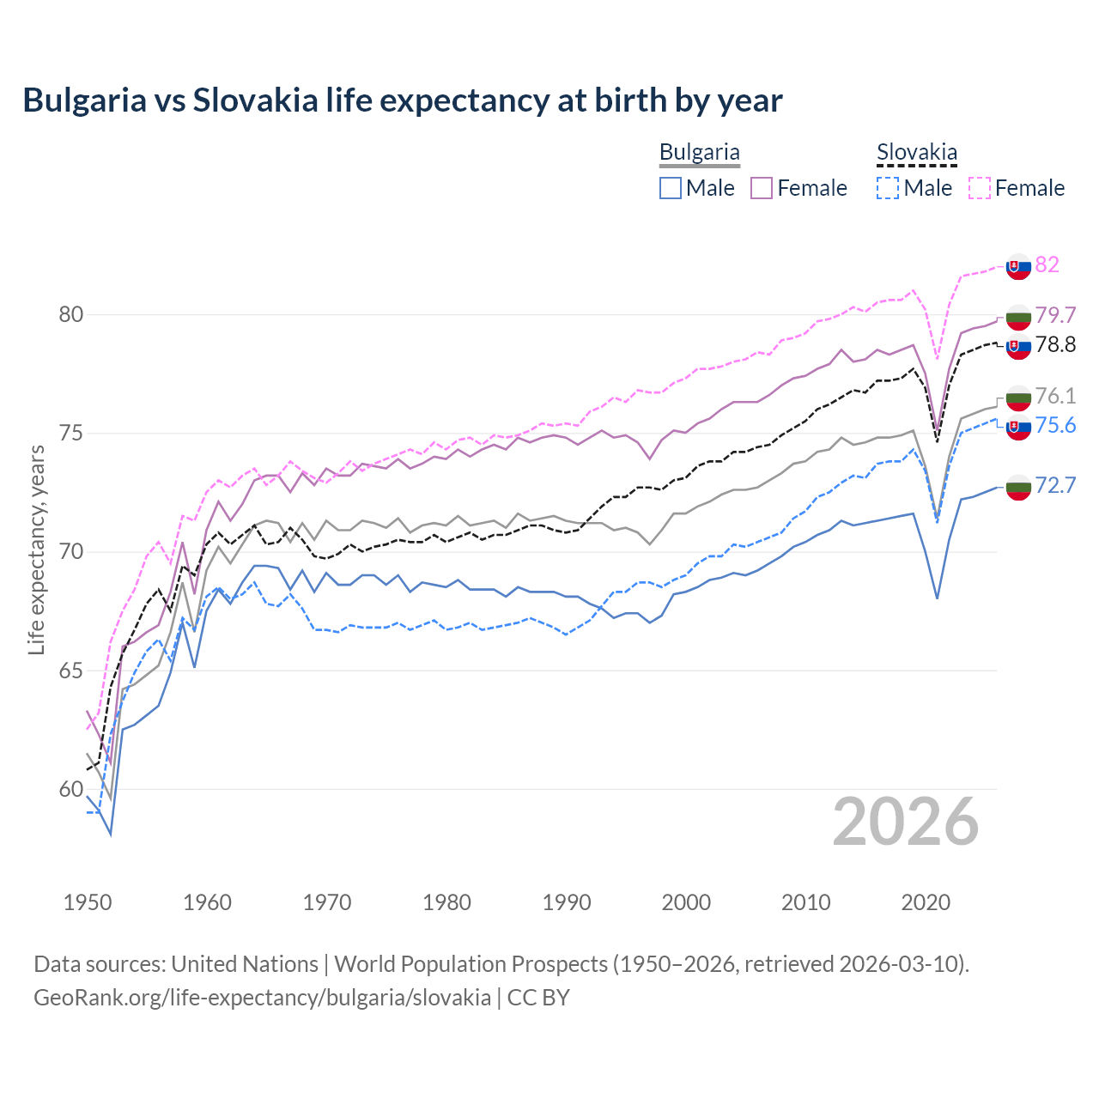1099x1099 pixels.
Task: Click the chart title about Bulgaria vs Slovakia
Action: (402, 100)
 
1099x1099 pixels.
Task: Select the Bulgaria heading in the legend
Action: (699, 152)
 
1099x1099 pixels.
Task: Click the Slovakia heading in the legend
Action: (916, 153)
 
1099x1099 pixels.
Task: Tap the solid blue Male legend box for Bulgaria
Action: (671, 188)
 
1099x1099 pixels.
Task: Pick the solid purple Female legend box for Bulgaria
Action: (762, 188)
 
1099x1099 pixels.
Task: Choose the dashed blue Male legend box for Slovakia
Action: (888, 188)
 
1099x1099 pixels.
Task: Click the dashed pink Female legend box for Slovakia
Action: (980, 188)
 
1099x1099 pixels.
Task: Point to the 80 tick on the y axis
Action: (71, 315)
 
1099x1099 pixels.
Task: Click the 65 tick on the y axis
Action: (71, 671)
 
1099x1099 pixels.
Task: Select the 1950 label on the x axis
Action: (88, 902)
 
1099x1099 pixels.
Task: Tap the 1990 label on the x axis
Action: (567, 902)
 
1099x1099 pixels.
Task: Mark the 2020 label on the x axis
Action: (926, 902)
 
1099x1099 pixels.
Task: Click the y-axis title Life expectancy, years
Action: (37, 549)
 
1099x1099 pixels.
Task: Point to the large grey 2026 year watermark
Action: (905, 822)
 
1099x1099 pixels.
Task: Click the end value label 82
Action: (1047, 264)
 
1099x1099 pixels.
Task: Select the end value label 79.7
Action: (1055, 315)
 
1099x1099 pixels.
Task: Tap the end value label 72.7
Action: (1055, 485)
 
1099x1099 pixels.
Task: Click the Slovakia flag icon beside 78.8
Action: (1018, 347)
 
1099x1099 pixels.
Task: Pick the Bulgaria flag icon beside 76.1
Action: (1018, 398)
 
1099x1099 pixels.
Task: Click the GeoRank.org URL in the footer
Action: (262, 998)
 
